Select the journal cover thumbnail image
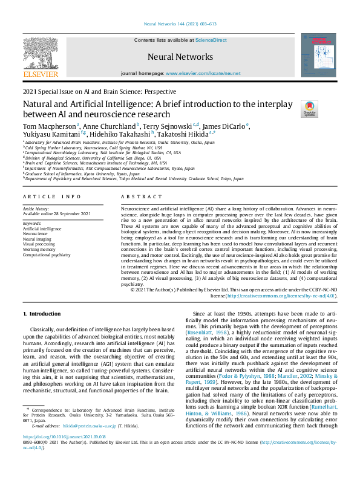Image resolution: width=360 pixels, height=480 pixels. [x=318, y=55]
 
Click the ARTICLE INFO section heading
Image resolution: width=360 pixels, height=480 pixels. [x=51, y=197]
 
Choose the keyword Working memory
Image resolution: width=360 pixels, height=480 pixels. [x=39, y=249]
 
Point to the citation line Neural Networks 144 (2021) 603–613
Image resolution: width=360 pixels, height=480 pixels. [x=180, y=24]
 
